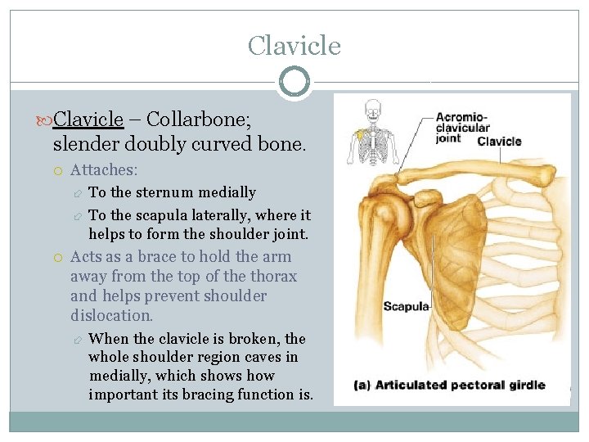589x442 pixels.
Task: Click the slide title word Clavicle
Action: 294,45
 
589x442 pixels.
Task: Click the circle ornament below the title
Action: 294,82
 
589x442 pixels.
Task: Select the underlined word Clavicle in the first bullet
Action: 88,120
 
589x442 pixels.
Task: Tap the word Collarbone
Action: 196,120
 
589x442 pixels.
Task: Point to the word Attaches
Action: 104,170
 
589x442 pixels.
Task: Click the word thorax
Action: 273,277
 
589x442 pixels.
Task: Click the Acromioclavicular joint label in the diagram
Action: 462,127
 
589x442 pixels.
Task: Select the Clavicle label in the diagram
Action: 499,141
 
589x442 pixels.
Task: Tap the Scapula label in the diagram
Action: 407,307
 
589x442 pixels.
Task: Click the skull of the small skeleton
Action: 373,108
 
